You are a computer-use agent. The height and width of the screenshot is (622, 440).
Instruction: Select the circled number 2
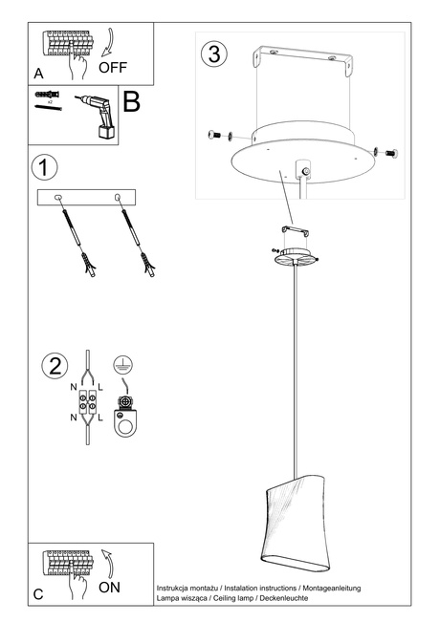click(55, 367)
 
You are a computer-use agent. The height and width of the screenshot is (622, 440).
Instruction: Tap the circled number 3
click(214, 54)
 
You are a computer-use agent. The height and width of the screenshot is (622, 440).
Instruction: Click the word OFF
click(113, 69)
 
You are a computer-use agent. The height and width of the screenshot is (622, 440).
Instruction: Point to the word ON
click(109, 588)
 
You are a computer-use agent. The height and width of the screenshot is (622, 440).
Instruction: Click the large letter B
click(132, 102)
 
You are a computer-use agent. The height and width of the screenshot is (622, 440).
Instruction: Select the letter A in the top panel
click(38, 73)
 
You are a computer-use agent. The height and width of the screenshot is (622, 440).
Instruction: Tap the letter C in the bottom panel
click(38, 593)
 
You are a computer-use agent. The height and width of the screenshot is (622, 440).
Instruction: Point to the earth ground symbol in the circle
click(122, 364)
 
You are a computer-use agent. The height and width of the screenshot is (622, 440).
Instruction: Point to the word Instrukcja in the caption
click(176, 585)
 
